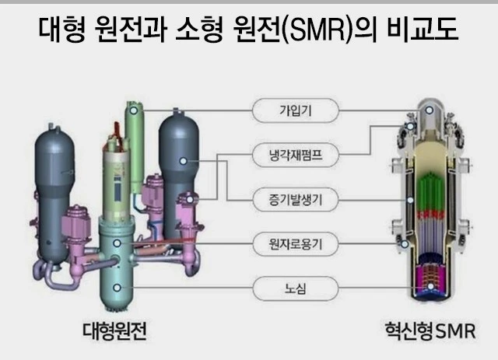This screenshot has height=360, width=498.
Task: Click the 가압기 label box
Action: click(x=295, y=110)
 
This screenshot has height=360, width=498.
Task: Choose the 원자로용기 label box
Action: click(x=295, y=245)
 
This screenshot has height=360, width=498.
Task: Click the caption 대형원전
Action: click(x=114, y=333)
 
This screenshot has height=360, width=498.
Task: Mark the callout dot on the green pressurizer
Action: click(x=134, y=110)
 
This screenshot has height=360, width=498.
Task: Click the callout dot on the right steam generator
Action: click(x=184, y=160)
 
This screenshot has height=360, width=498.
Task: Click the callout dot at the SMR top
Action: click(x=429, y=110)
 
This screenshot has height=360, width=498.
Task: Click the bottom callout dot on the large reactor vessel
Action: click(x=117, y=288)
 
